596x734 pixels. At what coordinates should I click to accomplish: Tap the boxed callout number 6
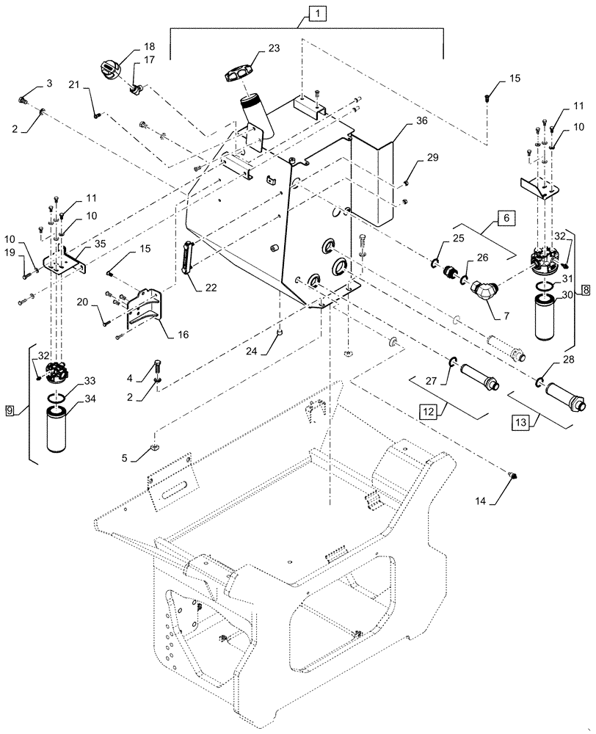pos(506,218)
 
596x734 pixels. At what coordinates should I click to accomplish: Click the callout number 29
pos(432,159)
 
